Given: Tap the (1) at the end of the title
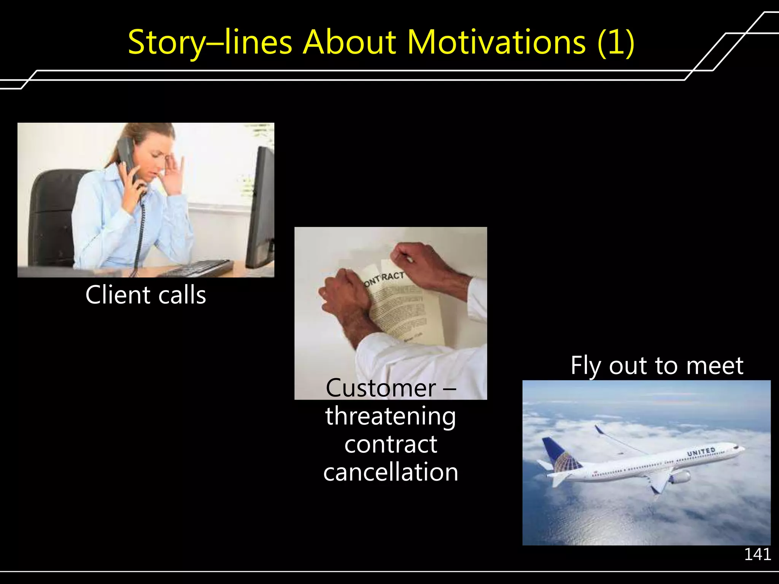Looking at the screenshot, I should pos(615,43).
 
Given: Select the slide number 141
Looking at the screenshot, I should pos(757,554).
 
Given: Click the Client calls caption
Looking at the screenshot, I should pos(146,295).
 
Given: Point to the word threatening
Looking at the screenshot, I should pos(391,416).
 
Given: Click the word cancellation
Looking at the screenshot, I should pos(391,472).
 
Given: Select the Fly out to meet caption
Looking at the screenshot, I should pos(657,366).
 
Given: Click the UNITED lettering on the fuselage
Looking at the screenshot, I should pos(701,452).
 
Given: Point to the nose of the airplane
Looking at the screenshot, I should pos(742,449).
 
